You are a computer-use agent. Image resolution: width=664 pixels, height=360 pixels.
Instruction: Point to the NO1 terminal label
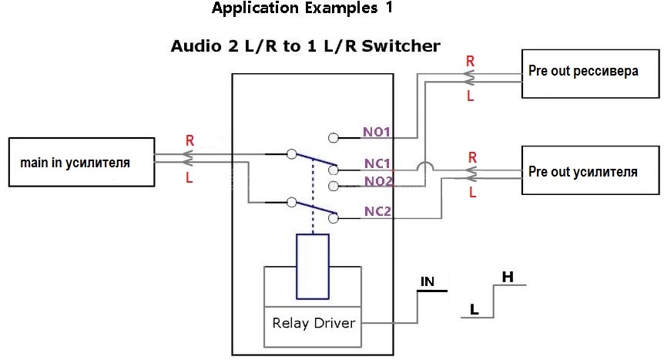pyautogui.click(x=377, y=132)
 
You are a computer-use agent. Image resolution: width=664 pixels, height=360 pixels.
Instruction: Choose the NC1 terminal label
pyautogui.click(x=377, y=163)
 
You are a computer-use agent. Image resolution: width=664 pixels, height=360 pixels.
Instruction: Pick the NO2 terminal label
pyautogui.click(x=378, y=181)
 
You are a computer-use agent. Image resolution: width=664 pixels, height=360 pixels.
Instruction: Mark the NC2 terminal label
pyautogui.click(x=377, y=211)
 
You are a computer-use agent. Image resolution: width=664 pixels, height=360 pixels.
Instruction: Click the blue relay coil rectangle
pyautogui.click(x=313, y=267)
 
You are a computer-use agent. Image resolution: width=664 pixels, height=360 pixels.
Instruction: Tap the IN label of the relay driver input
pyautogui.click(x=428, y=281)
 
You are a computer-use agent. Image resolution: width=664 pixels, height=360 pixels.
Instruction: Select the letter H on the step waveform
pyautogui.click(x=508, y=278)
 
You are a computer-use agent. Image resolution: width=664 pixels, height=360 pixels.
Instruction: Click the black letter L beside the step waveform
pyautogui.click(x=475, y=310)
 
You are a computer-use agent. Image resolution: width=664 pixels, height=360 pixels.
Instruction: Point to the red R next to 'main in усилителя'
pyautogui.click(x=189, y=141)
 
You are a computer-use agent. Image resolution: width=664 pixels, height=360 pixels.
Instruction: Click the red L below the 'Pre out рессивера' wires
pyautogui.click(x=470, y=96)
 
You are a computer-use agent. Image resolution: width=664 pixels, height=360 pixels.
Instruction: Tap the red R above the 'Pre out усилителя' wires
pyautogui.click(x=473, y=158)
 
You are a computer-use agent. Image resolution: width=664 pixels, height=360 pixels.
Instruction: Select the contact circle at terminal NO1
pyautogui.click(x=334, y=138)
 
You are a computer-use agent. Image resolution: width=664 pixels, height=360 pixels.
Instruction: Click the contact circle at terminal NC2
pyautogui.click(x=334, y=218)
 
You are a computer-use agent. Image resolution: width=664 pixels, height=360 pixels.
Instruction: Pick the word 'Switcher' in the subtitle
pyautogui.click(x=401, y=45)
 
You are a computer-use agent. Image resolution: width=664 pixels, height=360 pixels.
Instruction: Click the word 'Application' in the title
pyautogui.click(x=255, y=8)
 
